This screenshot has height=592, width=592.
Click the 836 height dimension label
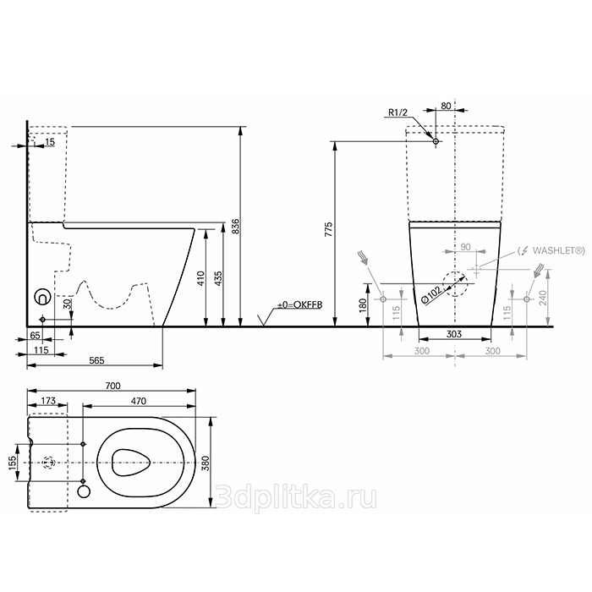[235, 226]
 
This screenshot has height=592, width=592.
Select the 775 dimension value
[329, 229]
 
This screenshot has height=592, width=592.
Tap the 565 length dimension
[96, 360]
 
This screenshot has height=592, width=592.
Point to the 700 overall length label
[112, 386]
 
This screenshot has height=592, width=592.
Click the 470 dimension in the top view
[139, 401]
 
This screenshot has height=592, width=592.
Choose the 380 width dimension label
[206, 463]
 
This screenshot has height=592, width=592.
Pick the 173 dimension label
[48, 401]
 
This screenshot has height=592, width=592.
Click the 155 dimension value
[13, 463]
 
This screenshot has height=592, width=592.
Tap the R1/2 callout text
[398, 112]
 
